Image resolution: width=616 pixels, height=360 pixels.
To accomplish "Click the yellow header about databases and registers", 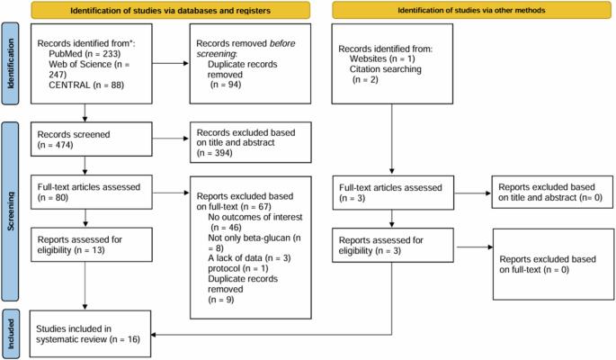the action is coord(171,10).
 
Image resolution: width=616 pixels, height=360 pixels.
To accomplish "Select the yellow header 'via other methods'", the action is coord(471,10).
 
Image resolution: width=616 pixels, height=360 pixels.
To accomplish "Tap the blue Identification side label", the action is coord(10,63).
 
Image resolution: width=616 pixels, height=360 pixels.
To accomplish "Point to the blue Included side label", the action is coord(10,334).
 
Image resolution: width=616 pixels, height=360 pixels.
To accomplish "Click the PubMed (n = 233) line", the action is coord(85,54).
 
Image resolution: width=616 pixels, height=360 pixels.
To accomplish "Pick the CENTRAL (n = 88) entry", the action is coord(86,85).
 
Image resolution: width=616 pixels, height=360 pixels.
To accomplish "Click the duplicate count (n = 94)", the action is coord(226,85).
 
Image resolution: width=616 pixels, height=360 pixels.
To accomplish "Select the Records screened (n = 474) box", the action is coord(92,139).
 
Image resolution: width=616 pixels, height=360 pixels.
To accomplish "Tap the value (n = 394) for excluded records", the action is coord(215,153).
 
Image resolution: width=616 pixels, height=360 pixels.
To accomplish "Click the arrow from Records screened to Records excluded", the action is coord(171,139).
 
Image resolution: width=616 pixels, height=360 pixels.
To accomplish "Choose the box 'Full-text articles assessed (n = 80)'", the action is coord(92,193).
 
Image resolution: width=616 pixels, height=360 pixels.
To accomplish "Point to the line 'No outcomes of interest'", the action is coord(255,217).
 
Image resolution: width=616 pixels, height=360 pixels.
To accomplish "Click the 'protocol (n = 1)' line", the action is coord(238,268).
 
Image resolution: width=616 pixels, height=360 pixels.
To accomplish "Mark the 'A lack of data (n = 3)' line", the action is coord(249,258).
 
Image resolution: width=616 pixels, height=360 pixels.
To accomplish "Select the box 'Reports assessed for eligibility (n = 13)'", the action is coord(92,245).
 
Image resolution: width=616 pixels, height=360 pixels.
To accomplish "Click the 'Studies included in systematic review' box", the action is coord(90,334).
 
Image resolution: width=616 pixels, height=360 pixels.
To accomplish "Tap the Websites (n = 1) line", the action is coord(382,59).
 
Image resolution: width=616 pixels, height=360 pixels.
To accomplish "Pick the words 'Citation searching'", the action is coord(386,69).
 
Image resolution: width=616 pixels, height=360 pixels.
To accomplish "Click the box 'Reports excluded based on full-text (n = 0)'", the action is coord(554,265).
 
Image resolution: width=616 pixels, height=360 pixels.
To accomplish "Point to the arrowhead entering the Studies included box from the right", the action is coord(154,335).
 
